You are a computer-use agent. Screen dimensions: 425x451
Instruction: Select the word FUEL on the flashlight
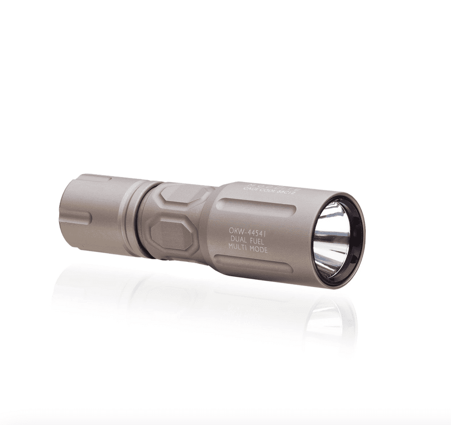pyautogui.click(x=258, y=240)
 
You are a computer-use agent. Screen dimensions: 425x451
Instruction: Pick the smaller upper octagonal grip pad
pyautogui.click(x=183, y=194)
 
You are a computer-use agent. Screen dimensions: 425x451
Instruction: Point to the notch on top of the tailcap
pyautogui.click(x=95, y=178)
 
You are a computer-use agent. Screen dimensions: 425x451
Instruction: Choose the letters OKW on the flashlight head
pyautogui.click(x=236, y=230)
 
